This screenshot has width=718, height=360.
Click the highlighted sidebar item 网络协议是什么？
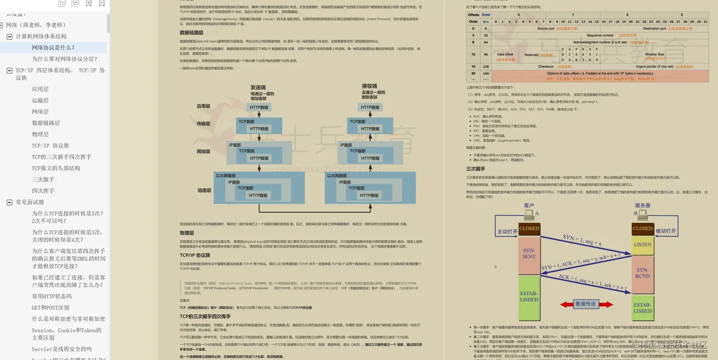point(53,47)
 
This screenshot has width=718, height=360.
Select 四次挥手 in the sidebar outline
point(43,191)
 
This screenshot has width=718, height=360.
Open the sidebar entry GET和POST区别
point(50,308)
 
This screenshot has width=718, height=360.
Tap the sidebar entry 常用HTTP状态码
point(51,296)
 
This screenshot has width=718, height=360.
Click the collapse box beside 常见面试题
point(9,202)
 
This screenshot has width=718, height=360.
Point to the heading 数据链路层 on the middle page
point(191,33)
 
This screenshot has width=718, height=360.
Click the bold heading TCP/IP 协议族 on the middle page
point(195,255)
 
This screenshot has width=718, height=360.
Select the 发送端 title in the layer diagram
point(258,87)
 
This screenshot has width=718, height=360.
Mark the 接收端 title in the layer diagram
point(369,86)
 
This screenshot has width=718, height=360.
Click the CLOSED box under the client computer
point(529,228)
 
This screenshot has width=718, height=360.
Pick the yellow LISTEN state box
point(642,245)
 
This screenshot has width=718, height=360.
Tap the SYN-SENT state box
point(529,253)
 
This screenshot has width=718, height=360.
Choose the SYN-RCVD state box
point(642,273)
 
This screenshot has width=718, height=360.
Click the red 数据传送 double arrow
point(586,304)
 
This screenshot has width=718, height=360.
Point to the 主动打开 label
point(507,231)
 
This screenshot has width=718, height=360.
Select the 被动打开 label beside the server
point(665,231)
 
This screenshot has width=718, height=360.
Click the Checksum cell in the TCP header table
point(546,66)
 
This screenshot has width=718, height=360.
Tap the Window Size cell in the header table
point(654,55)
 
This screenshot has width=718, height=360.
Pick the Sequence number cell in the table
point(600,35)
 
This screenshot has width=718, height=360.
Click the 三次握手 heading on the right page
point(475,169)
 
